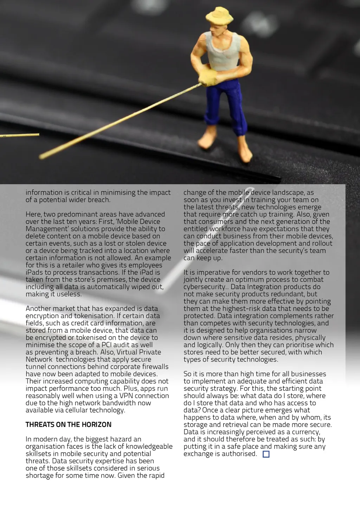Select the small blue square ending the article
point(266,454)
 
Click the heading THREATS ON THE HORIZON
point(68,425)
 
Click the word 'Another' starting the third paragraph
point(38,309)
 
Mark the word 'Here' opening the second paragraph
point(33,215)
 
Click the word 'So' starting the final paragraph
point(187,374)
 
